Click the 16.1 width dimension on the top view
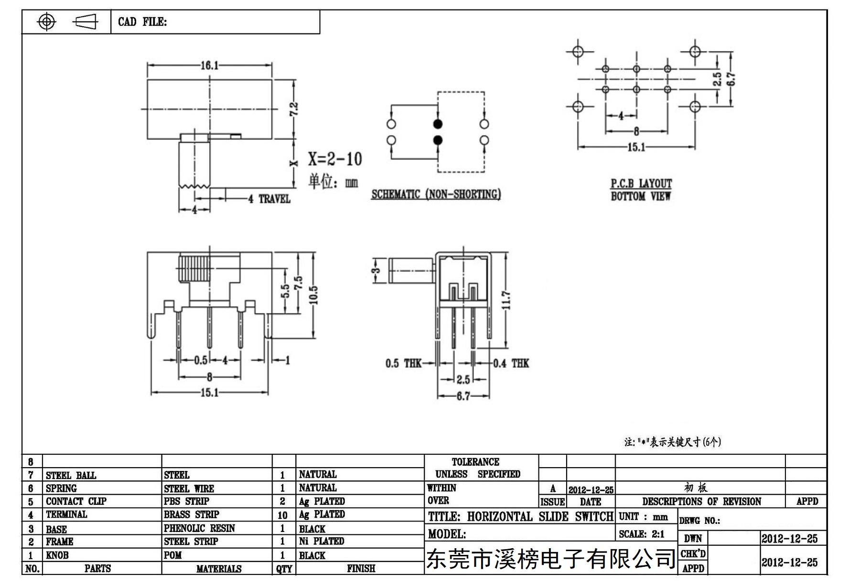pos(209,65)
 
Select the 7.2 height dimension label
pos(294,109)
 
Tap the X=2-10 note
pos(334,159)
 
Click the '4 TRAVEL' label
pos(269,199)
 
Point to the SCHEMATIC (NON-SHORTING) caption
pos(436,194)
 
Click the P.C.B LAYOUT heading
pos(641,183)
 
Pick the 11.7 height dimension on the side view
pos(507,300)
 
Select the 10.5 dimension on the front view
pos(313,294)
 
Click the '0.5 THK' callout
pos(403,364)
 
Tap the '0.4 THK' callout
pos(511,364)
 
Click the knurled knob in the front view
pos(193,269)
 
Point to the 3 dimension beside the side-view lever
pos(376,271)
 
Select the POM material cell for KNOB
pos(172,555)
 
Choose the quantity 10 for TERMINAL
pos(282,515)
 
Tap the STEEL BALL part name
pos(71,475)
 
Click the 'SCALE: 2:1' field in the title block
pos(642,534)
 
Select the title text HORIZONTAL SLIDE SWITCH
pos(540,517)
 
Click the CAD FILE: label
pos(142,22)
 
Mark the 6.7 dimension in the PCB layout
pos(731,79)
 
